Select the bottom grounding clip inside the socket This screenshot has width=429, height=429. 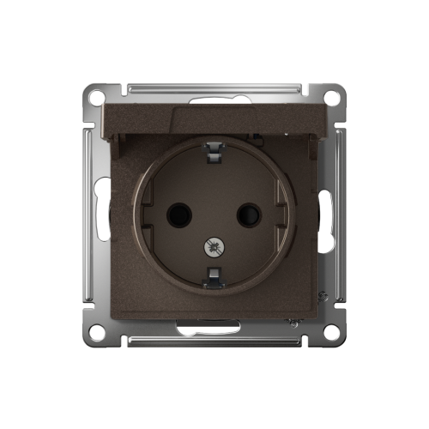(213, 275)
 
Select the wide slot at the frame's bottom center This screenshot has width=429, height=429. (214, 326)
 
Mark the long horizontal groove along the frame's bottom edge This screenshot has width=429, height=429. (214, 341)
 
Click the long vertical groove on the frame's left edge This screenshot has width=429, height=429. (88, 214)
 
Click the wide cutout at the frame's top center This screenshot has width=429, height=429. (214, 100)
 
